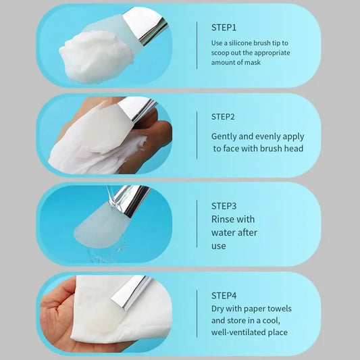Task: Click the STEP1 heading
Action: (x=224, y=27)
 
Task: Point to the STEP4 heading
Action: (x=224, y=295)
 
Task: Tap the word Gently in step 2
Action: (x=226, y=136)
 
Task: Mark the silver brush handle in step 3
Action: (x=128, y=201)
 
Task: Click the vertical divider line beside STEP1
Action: (x=197, y=45)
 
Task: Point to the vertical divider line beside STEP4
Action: (x=197, y=313)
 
